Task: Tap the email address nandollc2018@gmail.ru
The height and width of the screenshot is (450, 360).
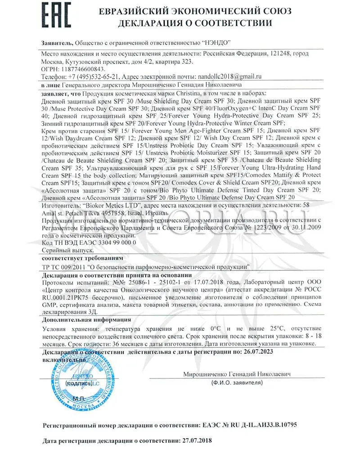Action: pyautogui.click(x=229, y=76)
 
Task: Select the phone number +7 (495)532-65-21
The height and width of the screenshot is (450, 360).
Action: pyautogui.click(x=93, y=76)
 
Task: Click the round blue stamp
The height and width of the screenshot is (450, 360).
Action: pyautogui.click(x=81, y=379)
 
